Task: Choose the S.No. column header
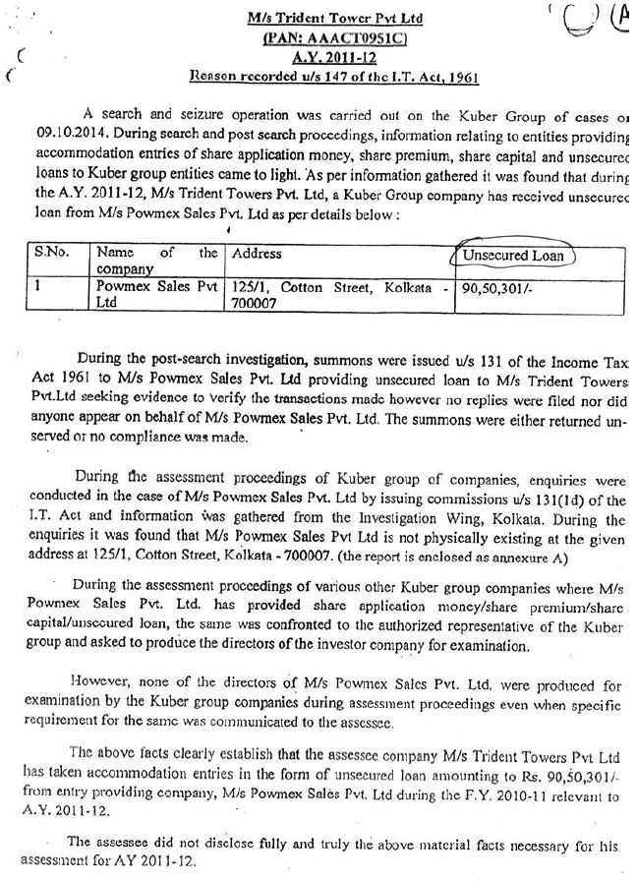pyautogui.click(x=51, y=253)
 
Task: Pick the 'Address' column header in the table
pyautogui.click(x=257, y=253)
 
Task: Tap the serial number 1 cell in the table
pyautogui.click(x=38, y=287)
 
